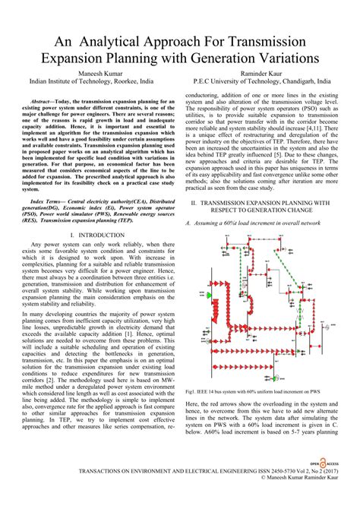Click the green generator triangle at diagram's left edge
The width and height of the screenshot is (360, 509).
212,291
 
